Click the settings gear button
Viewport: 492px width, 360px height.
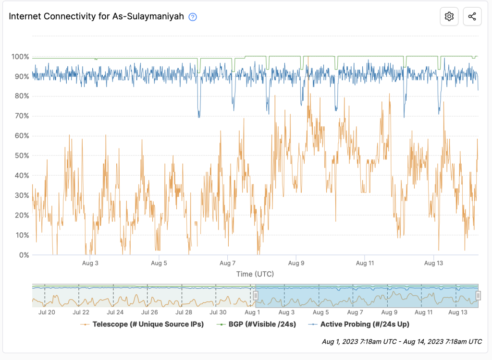(449, 16)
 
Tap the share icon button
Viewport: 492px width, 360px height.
(472, 16)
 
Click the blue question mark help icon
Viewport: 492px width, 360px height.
(193, 17)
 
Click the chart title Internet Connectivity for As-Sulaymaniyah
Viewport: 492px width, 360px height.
(97, 16)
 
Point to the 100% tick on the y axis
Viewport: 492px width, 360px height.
(20, 57)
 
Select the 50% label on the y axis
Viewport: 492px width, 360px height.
(22, 156)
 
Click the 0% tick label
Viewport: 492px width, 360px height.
(24, 255)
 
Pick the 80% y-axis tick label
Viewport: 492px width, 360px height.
(22, 96)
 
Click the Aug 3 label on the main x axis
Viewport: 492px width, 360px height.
(90, 263)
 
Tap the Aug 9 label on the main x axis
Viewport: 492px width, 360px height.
(296, 263)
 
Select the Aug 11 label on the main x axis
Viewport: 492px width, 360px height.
(365, 263)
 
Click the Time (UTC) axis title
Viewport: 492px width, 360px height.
(255, 274)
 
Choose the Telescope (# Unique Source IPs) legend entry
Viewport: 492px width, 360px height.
(144, 324)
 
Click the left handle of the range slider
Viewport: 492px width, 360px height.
(256, 295)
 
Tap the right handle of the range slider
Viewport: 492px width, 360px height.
(478, 295)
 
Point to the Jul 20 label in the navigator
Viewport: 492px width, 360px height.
(46, 312)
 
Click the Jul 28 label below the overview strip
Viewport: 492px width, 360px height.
(184, 312)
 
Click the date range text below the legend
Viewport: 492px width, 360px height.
(402, 342)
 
